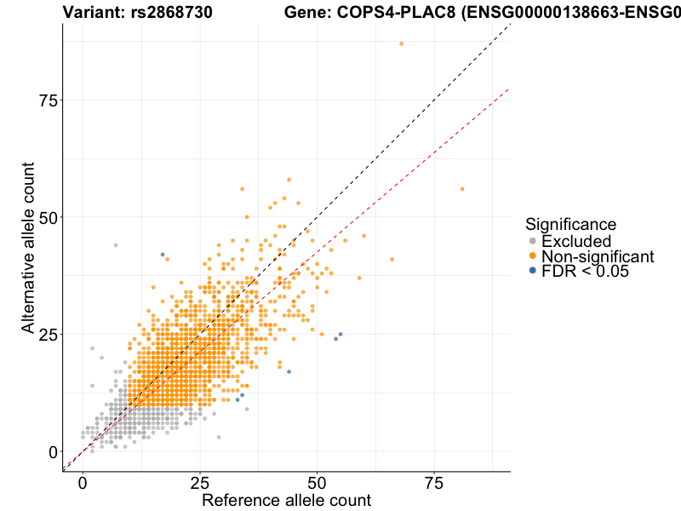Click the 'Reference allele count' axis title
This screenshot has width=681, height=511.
286,501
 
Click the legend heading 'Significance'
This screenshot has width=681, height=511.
570,225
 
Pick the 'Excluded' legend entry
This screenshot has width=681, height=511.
576,241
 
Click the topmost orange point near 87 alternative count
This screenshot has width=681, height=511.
401,43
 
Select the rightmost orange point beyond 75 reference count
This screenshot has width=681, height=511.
462,189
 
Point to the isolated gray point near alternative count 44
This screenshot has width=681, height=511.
116,245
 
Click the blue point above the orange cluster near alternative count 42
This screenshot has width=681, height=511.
163,255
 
